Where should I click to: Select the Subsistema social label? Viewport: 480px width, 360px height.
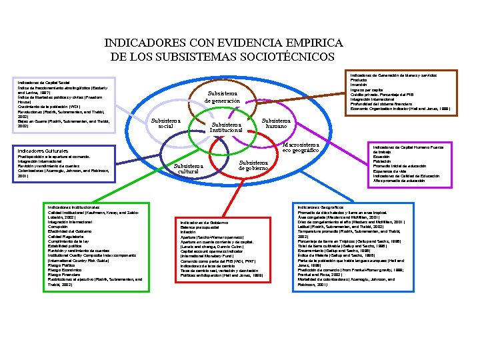(x=161, y=123)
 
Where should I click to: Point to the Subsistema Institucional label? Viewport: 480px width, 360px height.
(x=227, y=127)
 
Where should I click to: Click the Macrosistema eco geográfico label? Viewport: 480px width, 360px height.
(x=301, y=147)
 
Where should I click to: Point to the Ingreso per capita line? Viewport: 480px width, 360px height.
(x=368, y=89)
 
